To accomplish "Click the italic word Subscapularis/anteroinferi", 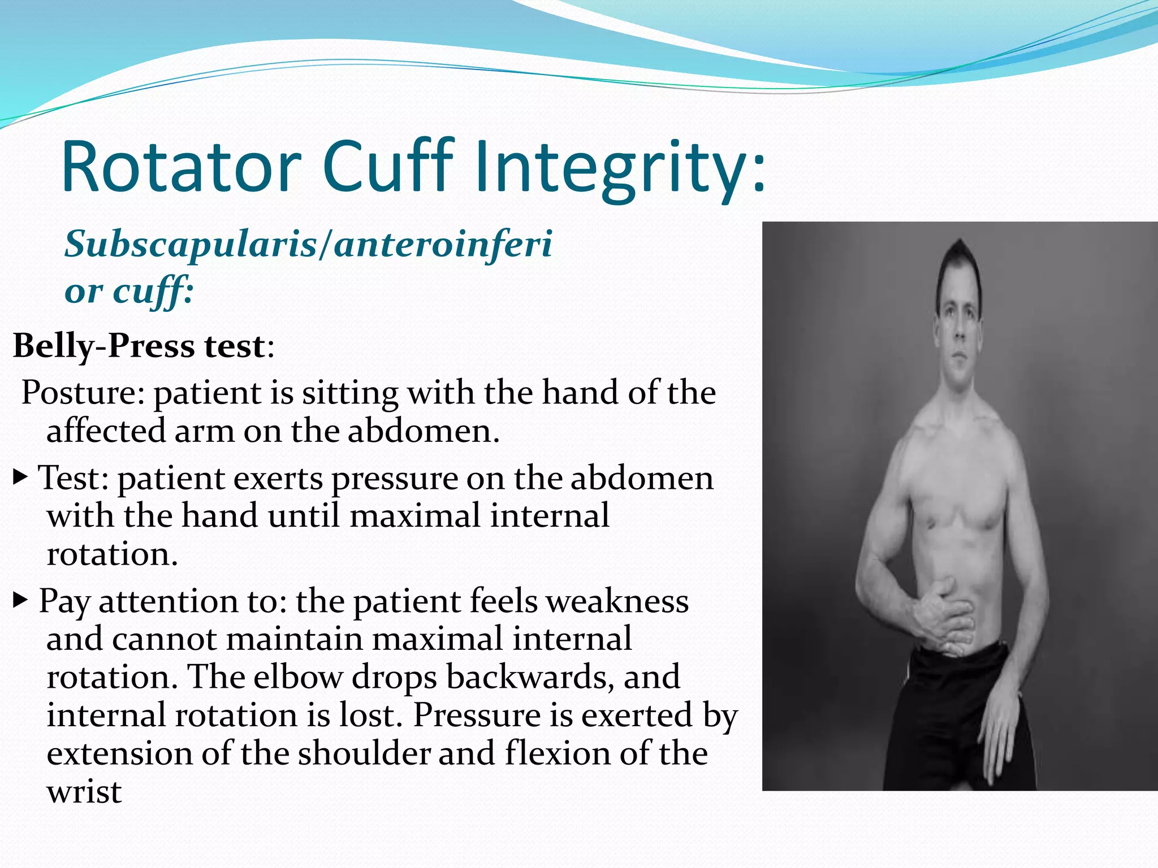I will tap(308, 244).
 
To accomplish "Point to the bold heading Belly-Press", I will tap(105, 345).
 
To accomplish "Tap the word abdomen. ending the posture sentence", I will tap(424, 431).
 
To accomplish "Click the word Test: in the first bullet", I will tap(74, 478).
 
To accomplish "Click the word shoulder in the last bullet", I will tap(364, 753).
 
